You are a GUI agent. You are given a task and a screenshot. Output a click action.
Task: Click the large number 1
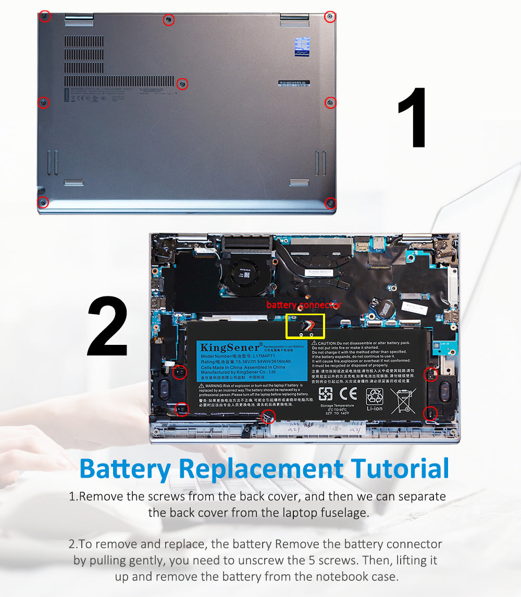(x=414, y=118)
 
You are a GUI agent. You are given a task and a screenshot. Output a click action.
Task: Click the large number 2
(x=107, y=327)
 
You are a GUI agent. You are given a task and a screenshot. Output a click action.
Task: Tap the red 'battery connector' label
(x=304, y=305)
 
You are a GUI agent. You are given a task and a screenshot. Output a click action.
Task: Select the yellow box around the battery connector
(x=305, y=326)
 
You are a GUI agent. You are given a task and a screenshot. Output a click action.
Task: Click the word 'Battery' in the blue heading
(x=125, y=468)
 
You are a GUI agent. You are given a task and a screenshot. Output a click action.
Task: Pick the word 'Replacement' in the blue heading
(x=261, y=468)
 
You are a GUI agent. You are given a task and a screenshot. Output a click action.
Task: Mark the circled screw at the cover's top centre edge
(x=169, y=20)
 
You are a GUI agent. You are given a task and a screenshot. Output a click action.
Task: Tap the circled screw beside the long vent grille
(x=182, y=83)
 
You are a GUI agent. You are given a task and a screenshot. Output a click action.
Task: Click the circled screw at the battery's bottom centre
(x=268, y=416)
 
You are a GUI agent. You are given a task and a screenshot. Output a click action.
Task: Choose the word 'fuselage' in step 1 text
(x=343, y=513)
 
